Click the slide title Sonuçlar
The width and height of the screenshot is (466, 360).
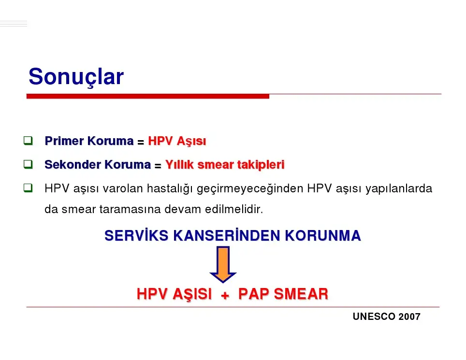(x=76, y=77)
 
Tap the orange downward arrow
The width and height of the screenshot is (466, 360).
(x=223, y=264)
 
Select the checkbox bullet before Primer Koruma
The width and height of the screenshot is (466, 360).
(x=28, y=141)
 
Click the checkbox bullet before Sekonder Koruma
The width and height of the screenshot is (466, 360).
(x=28, y=164)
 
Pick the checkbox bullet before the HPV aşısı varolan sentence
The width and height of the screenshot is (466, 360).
(x=28, y=188)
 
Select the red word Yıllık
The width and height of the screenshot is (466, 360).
(x=179, y=165)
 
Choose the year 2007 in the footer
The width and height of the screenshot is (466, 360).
(x=409, y=317)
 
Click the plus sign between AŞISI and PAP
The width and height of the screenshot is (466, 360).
(x=225, y=295)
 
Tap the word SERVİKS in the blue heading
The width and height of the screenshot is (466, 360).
(x=136, y=235)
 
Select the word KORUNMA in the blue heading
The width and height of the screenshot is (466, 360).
(x=323, y=235)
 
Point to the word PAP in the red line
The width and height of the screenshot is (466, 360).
(x=254, y=294)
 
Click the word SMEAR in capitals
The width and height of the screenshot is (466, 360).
(x=301, y=294)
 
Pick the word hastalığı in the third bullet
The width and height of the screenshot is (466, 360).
(x=170, y=188)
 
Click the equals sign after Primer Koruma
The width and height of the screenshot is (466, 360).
(x=141, y=142)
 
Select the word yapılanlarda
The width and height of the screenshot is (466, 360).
(x=399, y=189)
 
